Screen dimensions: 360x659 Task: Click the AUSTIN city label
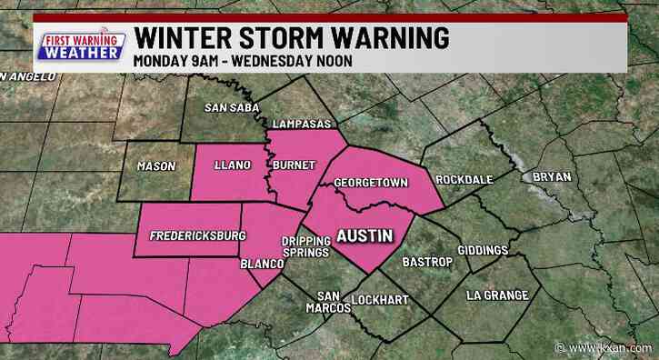coord(364,235)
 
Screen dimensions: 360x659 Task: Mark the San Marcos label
coord(333,302)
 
